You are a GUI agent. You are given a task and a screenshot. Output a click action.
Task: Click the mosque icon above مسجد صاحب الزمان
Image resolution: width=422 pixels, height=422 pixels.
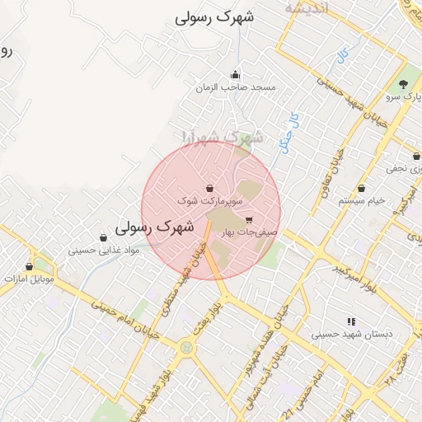(x=236, y=75)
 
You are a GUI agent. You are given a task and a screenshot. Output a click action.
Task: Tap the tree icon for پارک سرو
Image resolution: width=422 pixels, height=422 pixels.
(x=403, y=84)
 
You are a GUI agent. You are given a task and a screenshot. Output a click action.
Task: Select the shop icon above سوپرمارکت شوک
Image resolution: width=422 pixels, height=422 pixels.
(x=209, y=189)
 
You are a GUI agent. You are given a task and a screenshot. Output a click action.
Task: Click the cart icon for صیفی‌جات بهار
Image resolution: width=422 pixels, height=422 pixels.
(x=249, y=220)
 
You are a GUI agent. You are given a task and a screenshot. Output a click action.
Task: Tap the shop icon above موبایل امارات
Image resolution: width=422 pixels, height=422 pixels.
(x=30, y=267)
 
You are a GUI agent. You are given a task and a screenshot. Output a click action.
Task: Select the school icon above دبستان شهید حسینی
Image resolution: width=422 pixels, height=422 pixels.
(x=352, y=322)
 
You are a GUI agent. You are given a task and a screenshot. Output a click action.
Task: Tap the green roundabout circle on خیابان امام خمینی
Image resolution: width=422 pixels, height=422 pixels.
(x=187, y=348)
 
